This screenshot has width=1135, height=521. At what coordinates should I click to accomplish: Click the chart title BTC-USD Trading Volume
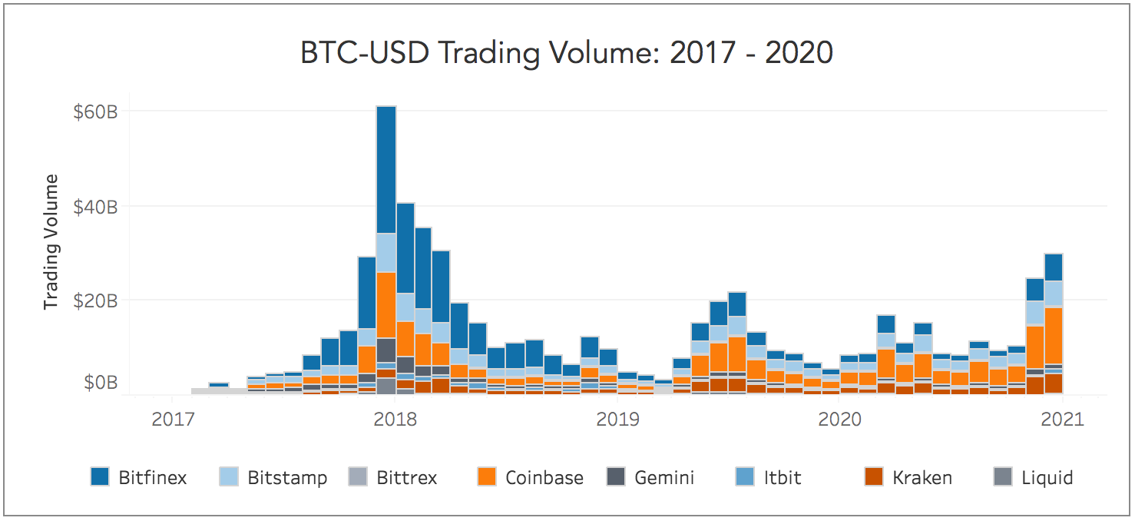(567, 53)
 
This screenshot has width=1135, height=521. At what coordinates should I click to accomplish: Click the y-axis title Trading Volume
(51, 242)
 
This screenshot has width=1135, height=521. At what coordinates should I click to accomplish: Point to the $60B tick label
(95, 112)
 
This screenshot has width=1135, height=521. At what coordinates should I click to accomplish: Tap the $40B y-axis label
(95, 207)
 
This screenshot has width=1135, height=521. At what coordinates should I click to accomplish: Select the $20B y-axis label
(95, 301)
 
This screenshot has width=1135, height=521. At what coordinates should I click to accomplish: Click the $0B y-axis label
(100, 382)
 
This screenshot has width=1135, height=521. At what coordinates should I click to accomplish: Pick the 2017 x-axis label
(172, 419)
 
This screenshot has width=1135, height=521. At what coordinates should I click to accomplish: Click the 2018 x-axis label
(394, 419)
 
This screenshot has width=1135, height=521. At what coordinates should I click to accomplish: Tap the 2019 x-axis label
(617, 419)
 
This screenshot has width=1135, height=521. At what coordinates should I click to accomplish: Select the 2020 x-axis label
(839, 419)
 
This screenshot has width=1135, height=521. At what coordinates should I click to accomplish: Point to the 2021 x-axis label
(1062, 419)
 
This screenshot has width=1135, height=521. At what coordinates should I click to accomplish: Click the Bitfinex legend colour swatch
(100, 477)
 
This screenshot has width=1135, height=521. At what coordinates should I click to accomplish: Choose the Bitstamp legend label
(287, 478)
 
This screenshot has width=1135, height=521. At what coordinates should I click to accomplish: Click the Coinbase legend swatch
(487, 477)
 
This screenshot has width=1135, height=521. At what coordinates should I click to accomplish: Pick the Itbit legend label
(783, 478)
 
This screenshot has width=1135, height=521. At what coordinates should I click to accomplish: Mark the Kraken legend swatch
(874, 477)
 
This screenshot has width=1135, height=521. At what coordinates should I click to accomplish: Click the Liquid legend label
(1047, 478)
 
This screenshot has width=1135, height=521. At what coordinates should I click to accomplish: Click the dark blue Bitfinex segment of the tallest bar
(386, 169)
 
